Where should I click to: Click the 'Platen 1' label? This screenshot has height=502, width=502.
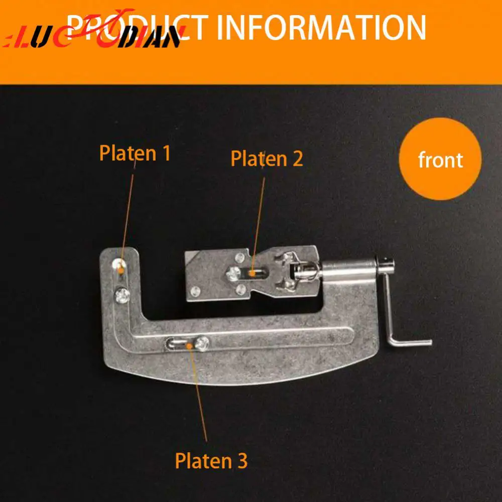pos(135,153)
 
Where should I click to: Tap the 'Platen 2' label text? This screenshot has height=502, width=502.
pos(267,159)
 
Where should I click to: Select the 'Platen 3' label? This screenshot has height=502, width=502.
pos(211,461)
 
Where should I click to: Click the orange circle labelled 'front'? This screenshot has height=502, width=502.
pos(440,160)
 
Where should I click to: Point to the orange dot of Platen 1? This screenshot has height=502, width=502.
pos(121,272)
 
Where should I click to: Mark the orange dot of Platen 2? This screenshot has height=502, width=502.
pos(253,274)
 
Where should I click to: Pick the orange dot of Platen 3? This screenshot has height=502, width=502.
pos(189,345)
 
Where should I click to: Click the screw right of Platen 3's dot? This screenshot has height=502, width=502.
pos(202,343)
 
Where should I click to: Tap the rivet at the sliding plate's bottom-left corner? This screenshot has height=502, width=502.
pos(195,291)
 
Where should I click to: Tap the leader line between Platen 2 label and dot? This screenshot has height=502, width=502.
pos(258,221)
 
